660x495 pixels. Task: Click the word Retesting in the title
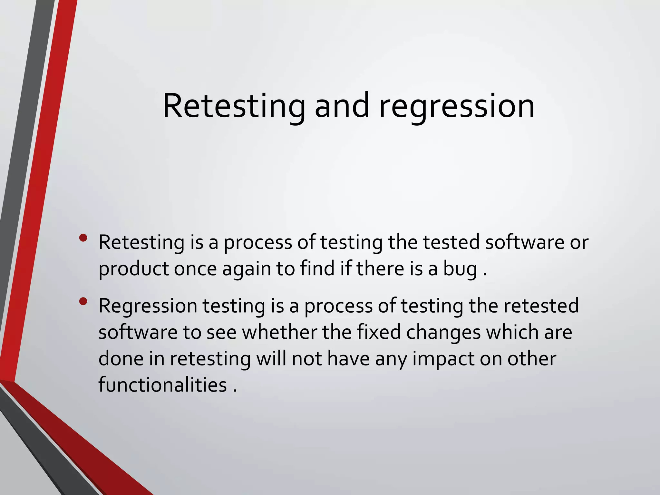point(234,106)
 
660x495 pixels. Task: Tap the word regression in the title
point(457,106)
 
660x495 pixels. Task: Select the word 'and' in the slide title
point(342,106)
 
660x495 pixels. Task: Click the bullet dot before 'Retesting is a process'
point(83,238)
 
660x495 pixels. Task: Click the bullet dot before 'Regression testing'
point(83,302)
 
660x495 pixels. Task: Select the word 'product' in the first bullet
point(133,269)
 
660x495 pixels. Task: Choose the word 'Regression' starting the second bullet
point(148,306)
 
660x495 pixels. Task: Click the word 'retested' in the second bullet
point(541,306)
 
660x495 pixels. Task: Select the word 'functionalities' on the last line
point(162,385)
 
